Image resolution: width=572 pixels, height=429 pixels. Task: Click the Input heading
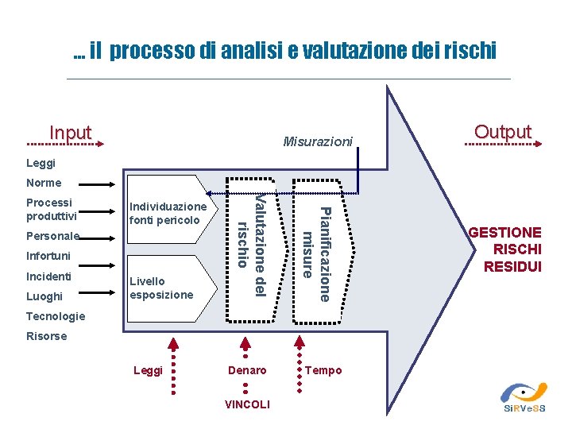[71, 133]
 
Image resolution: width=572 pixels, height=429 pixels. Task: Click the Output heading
[502, 132]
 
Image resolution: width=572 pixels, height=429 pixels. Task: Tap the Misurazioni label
[318, 142]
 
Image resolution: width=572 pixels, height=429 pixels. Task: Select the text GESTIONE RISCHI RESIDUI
[506, 249]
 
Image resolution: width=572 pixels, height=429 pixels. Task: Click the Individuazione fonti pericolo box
[168, 213]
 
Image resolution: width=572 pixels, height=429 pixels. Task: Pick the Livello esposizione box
[161, 288]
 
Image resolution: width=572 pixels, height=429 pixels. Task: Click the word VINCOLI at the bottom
[247, 404]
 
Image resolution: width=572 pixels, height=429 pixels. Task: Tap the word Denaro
[247, 370]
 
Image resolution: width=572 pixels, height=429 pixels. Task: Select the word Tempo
[324, 370]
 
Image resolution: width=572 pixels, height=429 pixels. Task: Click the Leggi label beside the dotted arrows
[148, 370]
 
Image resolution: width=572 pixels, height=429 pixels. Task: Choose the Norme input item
[44, 184]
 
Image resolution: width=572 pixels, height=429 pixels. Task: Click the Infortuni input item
[48, 257]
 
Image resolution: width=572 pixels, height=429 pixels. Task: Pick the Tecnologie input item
[55, 316]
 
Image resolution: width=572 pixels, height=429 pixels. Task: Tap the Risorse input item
[47, 336]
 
